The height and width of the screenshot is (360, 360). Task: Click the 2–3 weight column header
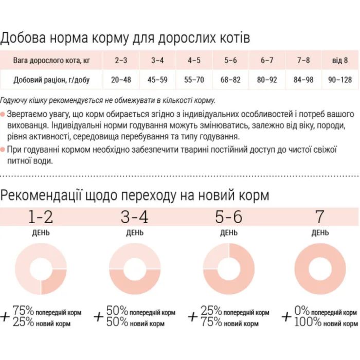(x=121, y=60)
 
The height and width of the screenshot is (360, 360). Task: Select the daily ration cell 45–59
(x=157, y=80)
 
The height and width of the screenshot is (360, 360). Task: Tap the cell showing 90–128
(x=339, y=80)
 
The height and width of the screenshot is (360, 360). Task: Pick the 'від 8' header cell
(x=339, y=60)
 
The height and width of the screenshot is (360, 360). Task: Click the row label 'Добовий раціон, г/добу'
(x=51, y=80)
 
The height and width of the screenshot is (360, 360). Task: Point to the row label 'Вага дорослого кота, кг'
(x=51, y=60)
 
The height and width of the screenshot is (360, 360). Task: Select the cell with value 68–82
(x=230, y=80)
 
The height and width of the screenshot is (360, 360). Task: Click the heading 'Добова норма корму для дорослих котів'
(x=125, y=39)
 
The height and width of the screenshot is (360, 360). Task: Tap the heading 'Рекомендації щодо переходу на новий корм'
(x=135, y=195)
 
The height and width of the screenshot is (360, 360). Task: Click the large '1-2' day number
(x=41, y=217)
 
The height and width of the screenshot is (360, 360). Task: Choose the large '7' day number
(x=320, y=217)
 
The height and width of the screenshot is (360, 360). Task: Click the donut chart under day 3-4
(x=135, y=269)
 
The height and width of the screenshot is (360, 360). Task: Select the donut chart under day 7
(x=320, y=269)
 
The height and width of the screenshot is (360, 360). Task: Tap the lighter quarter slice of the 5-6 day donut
(x=217, y=256)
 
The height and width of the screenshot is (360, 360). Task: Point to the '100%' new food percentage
(x=308, y=322)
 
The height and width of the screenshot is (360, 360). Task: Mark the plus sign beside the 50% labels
(x=99, y=317)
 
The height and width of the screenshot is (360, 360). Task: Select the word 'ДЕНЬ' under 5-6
(x=229, y=233)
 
